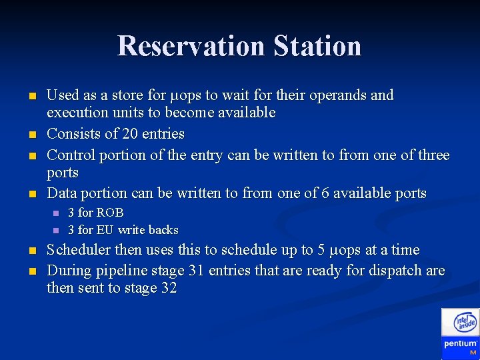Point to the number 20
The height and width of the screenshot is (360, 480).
(x=130, y=134)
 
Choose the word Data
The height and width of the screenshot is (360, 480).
(x=61, y=193)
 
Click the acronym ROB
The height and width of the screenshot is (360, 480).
(x=110, y=213)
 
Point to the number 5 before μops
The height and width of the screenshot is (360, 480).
(x=321, y=250)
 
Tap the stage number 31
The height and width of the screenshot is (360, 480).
(x=200, y=271)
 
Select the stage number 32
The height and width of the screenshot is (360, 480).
(x=168, y=289)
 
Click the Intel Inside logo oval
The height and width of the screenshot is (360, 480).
(x=465, y=323)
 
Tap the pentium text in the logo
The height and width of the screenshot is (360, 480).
(x=460, y=343)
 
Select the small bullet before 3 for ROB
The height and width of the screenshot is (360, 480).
(x=55, y=213)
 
